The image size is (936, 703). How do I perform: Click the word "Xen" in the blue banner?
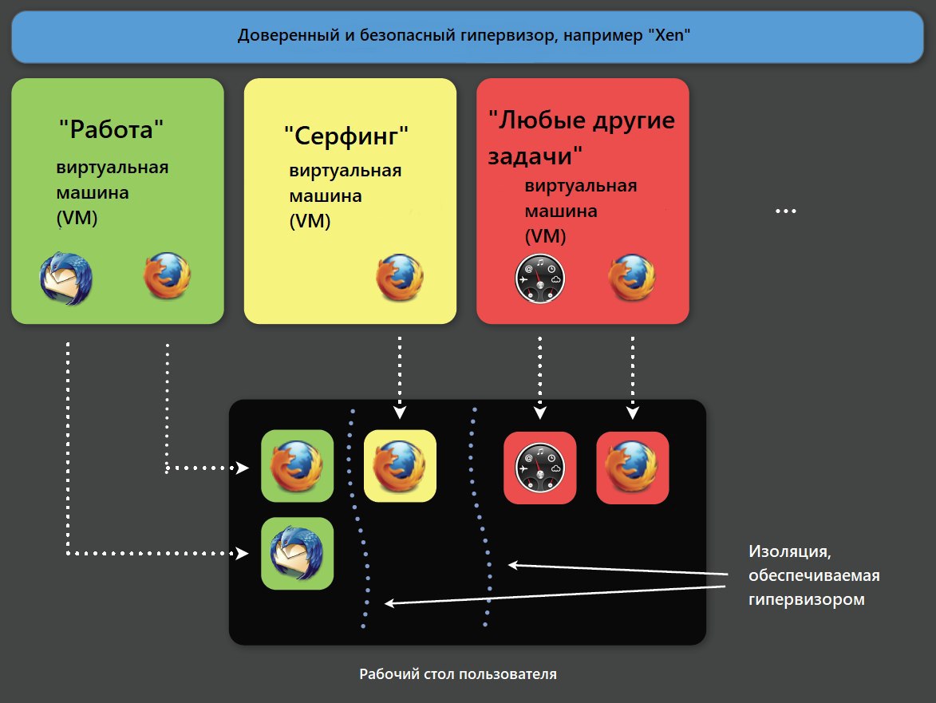669,35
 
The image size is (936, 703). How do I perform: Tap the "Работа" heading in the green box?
111,129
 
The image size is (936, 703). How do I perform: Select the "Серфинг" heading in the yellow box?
346,136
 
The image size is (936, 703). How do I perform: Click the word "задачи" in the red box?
531,156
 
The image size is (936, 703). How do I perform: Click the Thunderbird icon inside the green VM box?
65,278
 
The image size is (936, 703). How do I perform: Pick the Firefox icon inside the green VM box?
167,276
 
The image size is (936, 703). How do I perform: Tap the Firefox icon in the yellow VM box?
399,278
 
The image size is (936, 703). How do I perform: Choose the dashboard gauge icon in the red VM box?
539,278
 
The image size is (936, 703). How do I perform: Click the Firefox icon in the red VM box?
631,278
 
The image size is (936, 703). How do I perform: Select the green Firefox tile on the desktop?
298,465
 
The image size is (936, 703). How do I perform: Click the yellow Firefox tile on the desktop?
400,465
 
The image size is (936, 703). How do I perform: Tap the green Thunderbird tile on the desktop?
298,553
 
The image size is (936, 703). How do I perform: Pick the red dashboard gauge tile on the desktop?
540,468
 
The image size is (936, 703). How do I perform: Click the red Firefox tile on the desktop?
633,468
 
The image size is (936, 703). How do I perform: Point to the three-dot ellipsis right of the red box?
785,211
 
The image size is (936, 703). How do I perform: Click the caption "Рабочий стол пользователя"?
458,674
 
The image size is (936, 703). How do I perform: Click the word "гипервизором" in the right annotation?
807,599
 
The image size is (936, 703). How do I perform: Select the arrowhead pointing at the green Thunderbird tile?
242,553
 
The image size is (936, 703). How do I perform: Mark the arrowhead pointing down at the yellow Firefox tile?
400,413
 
